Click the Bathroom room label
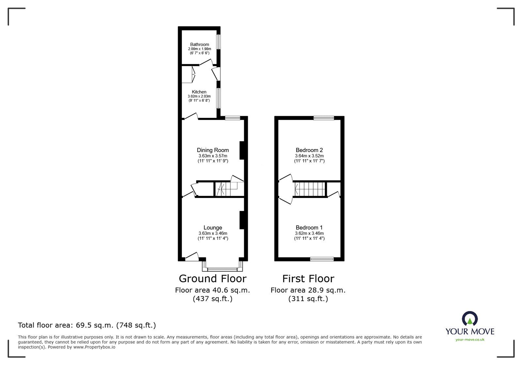pyautogui.click(x=199, y=44)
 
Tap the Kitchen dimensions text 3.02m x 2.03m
pyautogui.click(x=199, y=96)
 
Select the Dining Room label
pyautogui.click(x=213, y=150)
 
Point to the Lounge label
pyautogui.click(x=213, y=228)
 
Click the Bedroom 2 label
pyautogui.click(x=309, y=150)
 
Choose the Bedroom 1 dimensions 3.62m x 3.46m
pyautogui.click(x=309, y=233)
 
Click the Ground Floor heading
pyautogui.click(x=212, y=279)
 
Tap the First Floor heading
pyautogui.click(x=308, y=279)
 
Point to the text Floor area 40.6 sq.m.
pyautogui.click(x=212, y=290)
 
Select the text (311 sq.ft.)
pyautogui.click(x=308, y=298)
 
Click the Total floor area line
pyautogui.click(x=87, y=325)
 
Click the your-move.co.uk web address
pyautogui.click(x=470, y=340)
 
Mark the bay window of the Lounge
pyautogui.click(x=223, y=269)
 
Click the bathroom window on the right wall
pyautogui.click(x=219, y=42)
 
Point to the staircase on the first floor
pyautogui.click(x=310, y=189)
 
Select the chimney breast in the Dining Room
pyautogui.click(x=242, y=150)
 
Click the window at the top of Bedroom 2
pyautogui.click(x=324, y=118)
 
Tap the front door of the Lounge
pyautogui.click(x=192, y=257)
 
